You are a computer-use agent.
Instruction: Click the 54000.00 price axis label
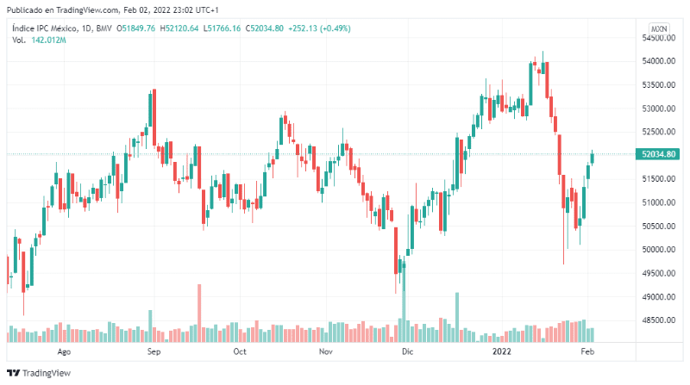657,61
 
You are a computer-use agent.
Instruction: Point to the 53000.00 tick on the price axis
657,109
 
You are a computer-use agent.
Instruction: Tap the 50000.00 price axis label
657,250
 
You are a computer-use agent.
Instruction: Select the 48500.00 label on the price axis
657,320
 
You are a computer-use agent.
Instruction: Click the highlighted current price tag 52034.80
658,155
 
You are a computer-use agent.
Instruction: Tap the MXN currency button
659,28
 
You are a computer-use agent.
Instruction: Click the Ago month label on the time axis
63,352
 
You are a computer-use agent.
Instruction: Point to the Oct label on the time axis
240,352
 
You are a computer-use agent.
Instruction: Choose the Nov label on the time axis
325,352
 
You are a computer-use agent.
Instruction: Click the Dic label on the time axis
408,352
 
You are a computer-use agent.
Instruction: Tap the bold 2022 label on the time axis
502,352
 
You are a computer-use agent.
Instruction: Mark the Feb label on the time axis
587,352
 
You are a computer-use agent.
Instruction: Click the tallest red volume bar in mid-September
199,313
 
